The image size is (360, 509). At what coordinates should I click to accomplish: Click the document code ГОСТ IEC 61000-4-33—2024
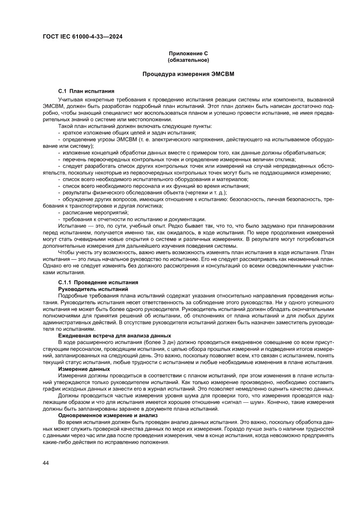(82, 37)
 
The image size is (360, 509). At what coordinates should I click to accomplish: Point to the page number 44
(46, 462)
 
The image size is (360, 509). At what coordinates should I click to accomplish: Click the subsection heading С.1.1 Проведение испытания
(98, 283)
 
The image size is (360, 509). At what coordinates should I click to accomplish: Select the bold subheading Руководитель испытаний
(93, 289)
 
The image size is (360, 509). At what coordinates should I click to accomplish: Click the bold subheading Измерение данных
(84, 369)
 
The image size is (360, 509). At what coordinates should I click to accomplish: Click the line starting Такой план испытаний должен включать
(135, 126)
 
